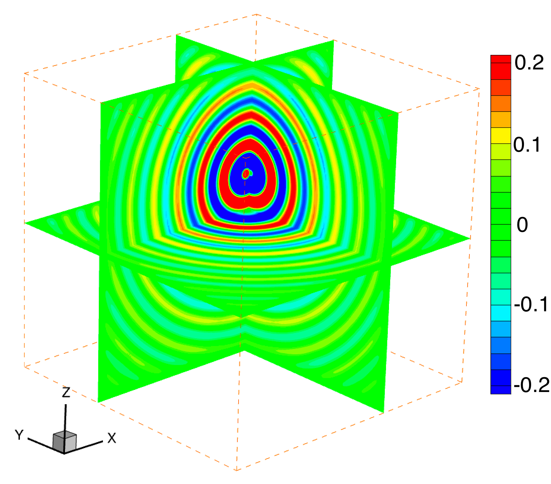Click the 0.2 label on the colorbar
click(x=529, y=63)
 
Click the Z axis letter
click(x=66, y=392)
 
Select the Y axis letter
click(x=19, y=435)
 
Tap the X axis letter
click(x=112, y=438)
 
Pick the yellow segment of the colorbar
click(x=501, y=136)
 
